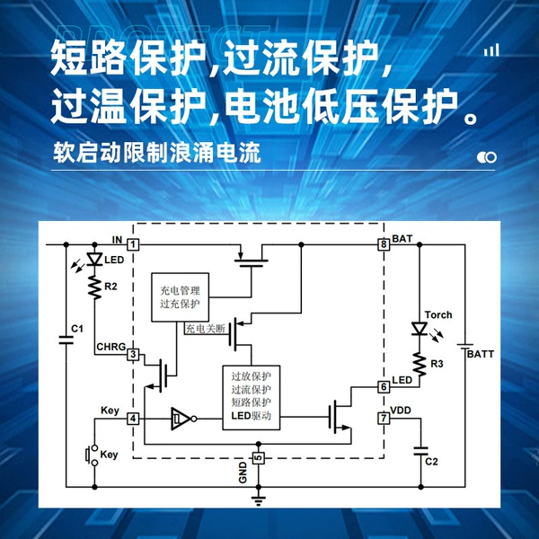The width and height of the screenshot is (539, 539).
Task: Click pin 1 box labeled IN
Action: (133, 244)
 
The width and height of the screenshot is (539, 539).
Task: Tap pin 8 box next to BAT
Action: (384, 244)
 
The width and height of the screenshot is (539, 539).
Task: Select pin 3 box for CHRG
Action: (133, 355)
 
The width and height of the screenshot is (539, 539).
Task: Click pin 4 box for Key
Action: (133, 419)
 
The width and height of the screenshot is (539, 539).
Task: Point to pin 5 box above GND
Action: (259, 458)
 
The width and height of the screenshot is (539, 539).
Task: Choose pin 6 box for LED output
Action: (384, 386)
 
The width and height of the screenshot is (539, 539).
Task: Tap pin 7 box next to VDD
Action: (384, 419)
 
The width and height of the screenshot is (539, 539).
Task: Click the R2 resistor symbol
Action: (95, 287)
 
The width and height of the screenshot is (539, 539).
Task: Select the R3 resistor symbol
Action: (420, 364)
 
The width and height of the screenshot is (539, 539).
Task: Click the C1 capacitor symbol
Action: (66, 340)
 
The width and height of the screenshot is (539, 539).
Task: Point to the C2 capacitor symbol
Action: (420, 451)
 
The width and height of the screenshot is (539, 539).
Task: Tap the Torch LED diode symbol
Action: (420, 328)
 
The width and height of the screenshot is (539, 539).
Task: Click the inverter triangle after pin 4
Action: (181, 419)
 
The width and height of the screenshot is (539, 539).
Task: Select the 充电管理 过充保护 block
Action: (181, 297)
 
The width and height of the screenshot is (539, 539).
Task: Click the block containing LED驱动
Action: (252, 398)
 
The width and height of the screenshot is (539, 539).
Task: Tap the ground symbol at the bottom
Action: (259, 500)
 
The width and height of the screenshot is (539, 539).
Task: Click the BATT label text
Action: (481, 354)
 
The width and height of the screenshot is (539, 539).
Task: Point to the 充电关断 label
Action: (205, 329)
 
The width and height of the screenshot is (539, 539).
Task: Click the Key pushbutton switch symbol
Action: (92, 455)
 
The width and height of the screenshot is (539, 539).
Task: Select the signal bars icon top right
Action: (491, 50)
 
